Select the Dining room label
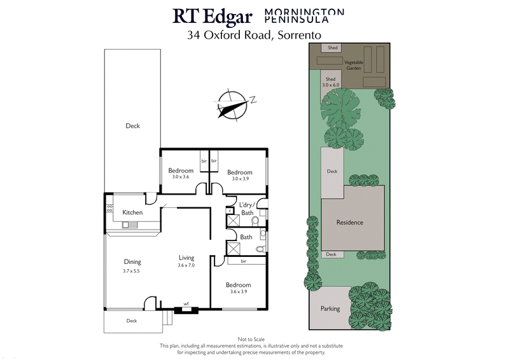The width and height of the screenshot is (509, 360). point(132,261)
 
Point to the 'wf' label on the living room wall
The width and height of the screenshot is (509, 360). point(186,304)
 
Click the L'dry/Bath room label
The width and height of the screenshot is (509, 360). point(247,208)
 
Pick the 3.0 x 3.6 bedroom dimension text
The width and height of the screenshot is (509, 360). point(181,177)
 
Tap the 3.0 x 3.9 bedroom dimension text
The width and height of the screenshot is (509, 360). point(240,179)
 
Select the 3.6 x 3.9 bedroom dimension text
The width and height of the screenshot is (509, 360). point(239,292)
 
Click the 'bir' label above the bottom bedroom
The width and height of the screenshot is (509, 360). point(244,261)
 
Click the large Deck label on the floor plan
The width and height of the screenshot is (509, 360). point(132,126)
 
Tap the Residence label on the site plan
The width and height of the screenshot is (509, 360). point(350,223)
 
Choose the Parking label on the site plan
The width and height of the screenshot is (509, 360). point(330,308)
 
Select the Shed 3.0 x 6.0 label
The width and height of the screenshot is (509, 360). point(331,81)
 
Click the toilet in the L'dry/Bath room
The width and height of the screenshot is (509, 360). point(255,221)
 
